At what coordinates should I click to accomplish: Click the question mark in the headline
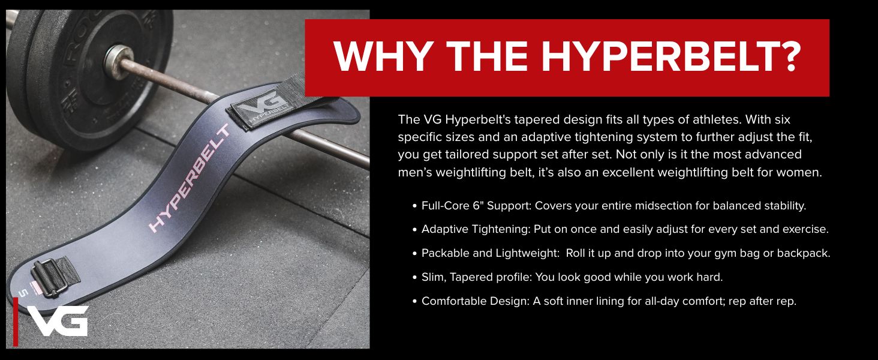click(x=787, y=56)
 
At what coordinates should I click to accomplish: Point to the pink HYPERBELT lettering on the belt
click(x=190, y=178)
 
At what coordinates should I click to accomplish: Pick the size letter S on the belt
click(x=23, y=293)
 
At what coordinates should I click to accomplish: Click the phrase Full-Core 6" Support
click(x=476, y=205)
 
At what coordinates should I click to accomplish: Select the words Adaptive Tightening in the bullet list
click(x=476, y=229)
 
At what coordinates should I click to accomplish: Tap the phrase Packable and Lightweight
click(x=490, y=253)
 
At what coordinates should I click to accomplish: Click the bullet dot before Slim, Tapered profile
click(x=414, y=278)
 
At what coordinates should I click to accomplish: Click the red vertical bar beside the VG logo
click(x=15, y=322)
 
